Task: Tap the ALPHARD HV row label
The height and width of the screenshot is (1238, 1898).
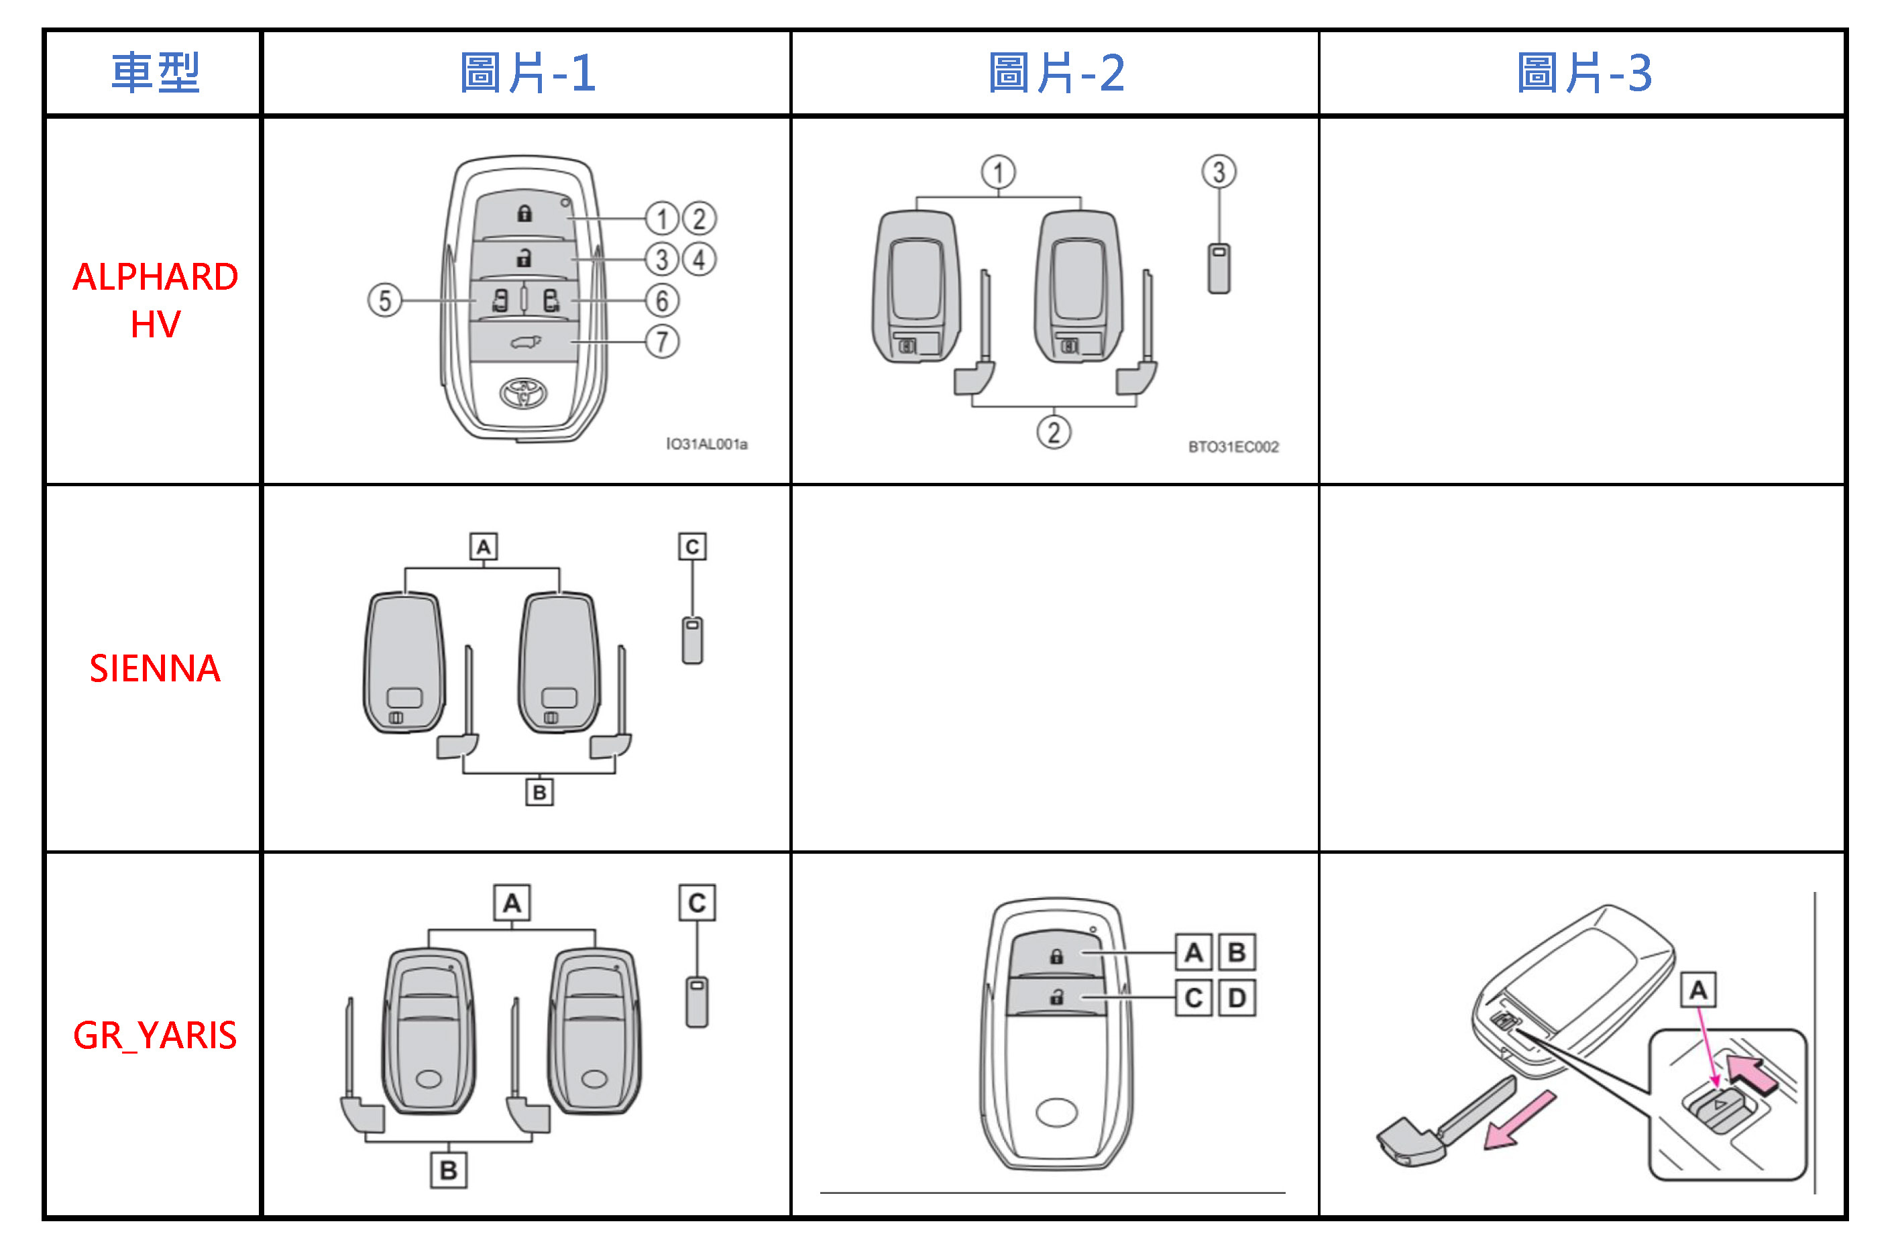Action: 155,300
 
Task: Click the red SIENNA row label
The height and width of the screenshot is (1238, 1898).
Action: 155,669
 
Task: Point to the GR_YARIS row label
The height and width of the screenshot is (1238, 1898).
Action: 155,1035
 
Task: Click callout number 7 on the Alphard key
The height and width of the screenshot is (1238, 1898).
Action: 662,342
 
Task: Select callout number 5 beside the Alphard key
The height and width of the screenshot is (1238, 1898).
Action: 384,300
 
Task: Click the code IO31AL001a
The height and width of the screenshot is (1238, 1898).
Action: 707,445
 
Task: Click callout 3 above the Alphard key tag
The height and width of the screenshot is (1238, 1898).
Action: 1219,172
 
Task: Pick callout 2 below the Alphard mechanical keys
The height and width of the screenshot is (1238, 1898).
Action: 1054,433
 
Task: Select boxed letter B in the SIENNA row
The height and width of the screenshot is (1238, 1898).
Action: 540,793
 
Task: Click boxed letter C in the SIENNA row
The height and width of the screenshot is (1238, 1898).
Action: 692,547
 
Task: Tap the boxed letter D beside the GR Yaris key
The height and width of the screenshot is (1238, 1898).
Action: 1237,998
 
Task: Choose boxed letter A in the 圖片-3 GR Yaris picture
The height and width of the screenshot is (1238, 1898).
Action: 1698,991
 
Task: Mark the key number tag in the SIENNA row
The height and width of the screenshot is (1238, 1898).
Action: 692,640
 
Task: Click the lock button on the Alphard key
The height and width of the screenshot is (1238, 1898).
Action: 524,213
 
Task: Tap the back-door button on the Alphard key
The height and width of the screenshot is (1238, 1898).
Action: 524,343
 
